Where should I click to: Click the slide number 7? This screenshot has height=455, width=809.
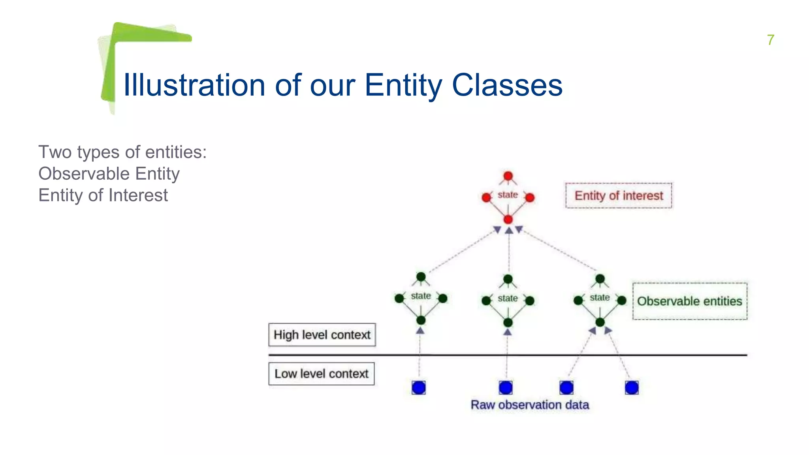770,40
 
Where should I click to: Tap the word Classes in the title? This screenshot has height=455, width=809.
507,85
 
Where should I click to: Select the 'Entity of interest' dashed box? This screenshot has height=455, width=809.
618,196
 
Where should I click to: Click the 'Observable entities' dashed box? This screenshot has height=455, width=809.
689,301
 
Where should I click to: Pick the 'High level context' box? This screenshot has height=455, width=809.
322,335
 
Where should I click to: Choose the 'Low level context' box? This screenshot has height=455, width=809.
322,374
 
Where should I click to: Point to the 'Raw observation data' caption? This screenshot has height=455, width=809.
530,405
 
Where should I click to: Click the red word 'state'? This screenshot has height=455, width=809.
508,195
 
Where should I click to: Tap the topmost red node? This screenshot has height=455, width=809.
508,176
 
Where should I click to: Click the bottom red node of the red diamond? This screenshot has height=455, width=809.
508,220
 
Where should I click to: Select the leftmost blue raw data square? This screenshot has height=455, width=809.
419,387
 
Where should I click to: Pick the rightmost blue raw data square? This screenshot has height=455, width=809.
632,387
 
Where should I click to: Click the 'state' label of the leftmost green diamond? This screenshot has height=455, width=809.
421,296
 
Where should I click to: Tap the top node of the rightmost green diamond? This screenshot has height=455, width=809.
600,279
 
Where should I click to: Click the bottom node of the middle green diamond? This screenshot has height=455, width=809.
508,323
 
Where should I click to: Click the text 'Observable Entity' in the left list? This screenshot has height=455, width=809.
109,174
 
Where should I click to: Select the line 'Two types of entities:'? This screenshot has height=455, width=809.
122,152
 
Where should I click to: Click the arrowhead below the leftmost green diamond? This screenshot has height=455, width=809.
420,331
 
